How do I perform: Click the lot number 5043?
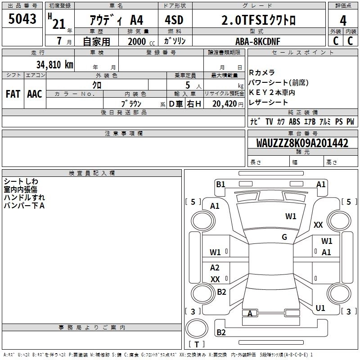coord(22,19)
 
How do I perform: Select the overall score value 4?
coord(343,21)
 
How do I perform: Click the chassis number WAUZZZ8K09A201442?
coord(302,144)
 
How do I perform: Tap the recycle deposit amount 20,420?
coord(224,103)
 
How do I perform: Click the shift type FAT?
coord(13,94)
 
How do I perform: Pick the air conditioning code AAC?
coord(35,94)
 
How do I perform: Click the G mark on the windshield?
coord(284,237)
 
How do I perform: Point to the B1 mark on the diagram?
coord(220,184)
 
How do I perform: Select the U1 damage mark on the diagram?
coord(320,308)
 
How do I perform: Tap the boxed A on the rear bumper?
coord(250,313)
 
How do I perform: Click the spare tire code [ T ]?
coord(197,345)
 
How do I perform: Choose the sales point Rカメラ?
coord(261,72)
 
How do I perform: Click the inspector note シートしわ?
coord(21,181)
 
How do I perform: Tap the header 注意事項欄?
coord(124,134)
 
